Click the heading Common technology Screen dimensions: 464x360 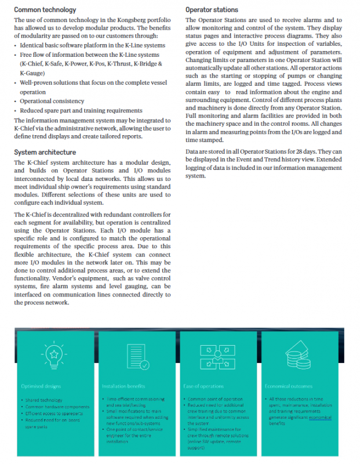tap(45, 10)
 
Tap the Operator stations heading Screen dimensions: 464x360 tap(212, 10)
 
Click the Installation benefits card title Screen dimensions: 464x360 tap(124, 386)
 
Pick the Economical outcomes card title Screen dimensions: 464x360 tap(288, 386)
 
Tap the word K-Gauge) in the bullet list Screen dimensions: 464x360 tap(32, 74)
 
